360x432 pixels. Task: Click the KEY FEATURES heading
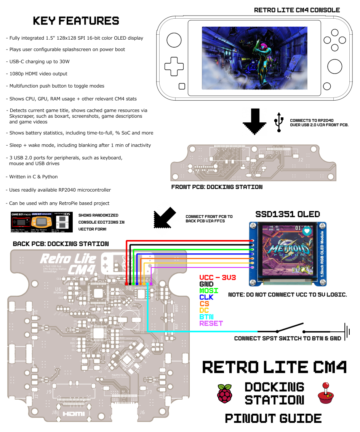[x=76, y=21]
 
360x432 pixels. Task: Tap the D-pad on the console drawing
[x=173, y=66]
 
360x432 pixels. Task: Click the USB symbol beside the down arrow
[x=279, y=122]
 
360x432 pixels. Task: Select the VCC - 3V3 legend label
[x=218, y=277]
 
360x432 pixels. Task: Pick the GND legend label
[x=206, y=284]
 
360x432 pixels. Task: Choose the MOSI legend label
[x=209, y=291]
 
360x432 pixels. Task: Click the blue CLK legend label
[x=206, y=297]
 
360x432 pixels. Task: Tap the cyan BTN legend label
[x=206, y=317]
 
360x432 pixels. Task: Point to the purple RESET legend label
[x=211, y=323]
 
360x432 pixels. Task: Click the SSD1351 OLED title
[x=288, y=214]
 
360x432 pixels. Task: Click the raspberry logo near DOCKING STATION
[x=225, y=394]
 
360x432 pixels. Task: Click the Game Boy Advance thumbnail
[x=41, y=222]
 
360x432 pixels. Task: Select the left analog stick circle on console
[x=173, y=40]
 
